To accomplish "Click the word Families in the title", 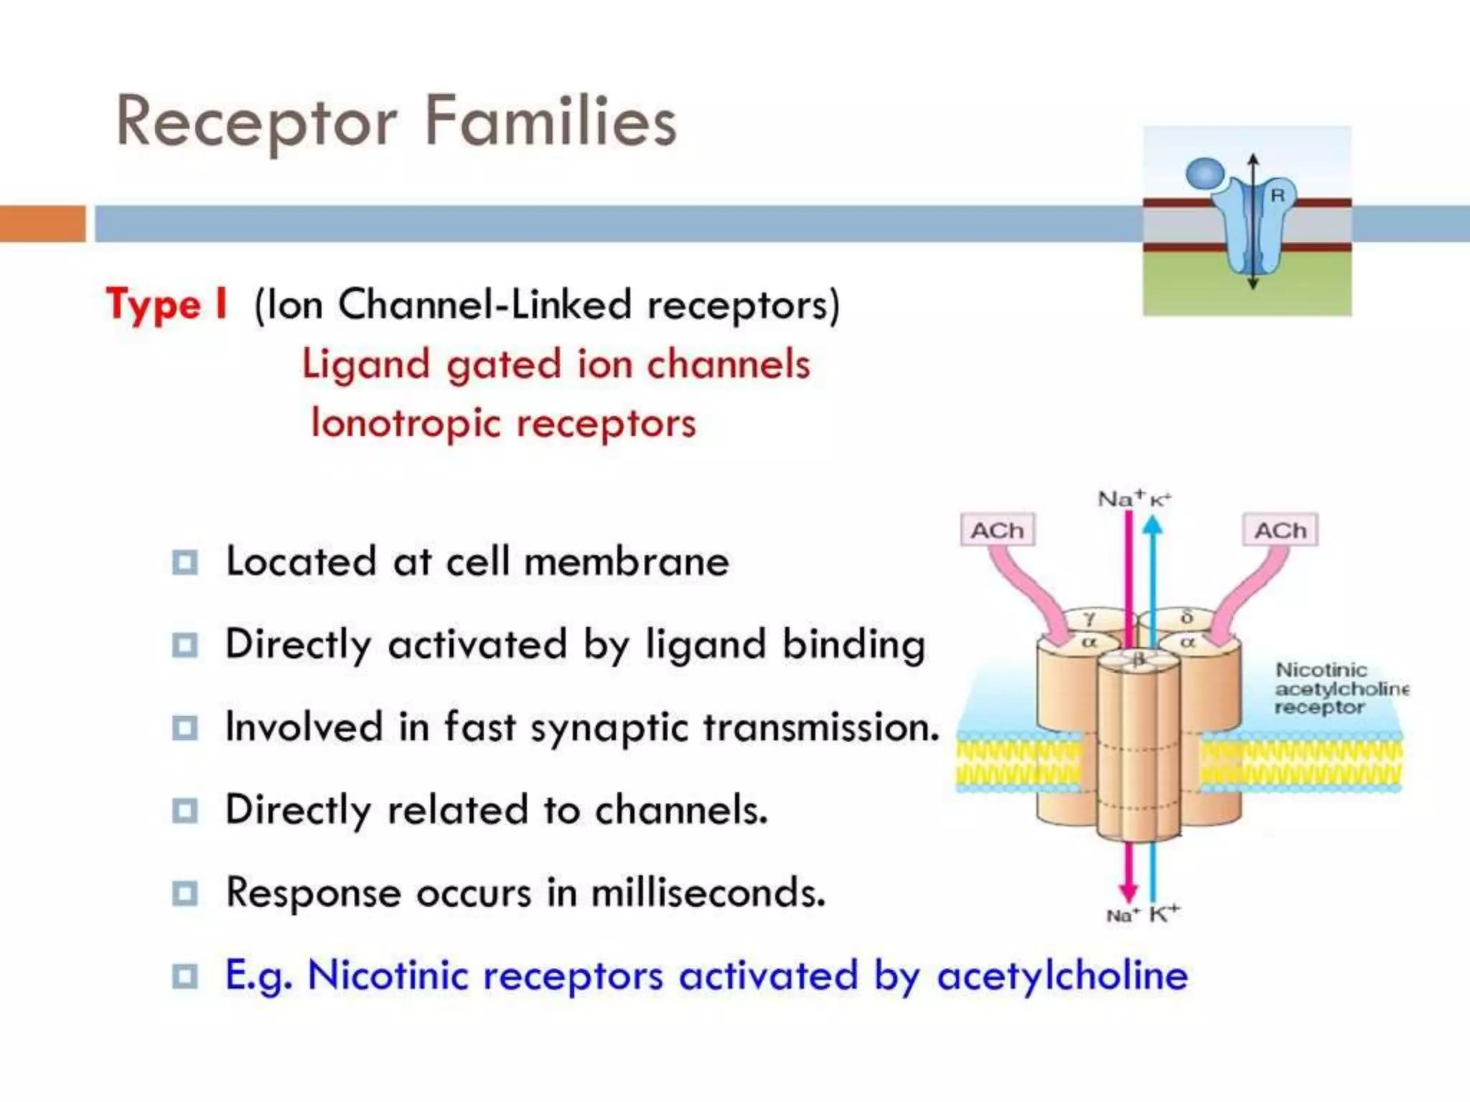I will (x=551, y=121).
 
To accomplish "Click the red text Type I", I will (x=167, y=304).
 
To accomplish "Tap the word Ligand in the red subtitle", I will (x=365, y=364).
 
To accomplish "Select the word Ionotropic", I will (x=406, y=423).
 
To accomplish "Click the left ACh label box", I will (x=997, y=530).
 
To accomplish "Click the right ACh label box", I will (x=1280, y=530).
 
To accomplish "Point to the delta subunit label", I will (x=1186, y=616).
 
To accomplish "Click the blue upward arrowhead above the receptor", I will (x=1152, y=527).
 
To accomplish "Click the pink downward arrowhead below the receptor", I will (x=1128, y=891).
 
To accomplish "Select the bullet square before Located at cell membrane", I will (x=184, y=562).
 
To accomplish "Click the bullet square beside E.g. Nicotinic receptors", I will (x=184, y=976).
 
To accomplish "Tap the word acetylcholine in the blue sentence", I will (x=1062, y=976).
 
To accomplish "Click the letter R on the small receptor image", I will (x=1278, y=195).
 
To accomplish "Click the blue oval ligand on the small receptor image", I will (x=1205, y=174).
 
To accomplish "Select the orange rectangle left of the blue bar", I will (x=42, y=223).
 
